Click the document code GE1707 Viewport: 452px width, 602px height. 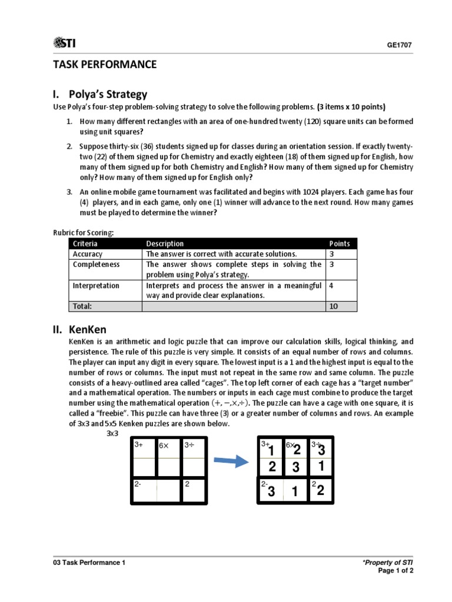point(400,45)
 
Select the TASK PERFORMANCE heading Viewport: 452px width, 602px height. point(105,65)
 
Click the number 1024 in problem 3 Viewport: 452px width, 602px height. point(311,192)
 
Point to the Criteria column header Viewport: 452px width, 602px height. point(85,243)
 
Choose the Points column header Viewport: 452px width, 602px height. point(340,243)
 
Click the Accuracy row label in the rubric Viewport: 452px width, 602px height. point(87,254)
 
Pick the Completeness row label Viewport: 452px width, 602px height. point(96,265)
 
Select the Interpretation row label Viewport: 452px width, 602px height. point(96,286)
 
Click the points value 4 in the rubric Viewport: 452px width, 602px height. point(331,286)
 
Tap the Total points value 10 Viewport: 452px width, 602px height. point(334,306)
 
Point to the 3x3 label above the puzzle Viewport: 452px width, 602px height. point(112,434)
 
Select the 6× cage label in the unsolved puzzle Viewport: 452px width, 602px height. point(164,446)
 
